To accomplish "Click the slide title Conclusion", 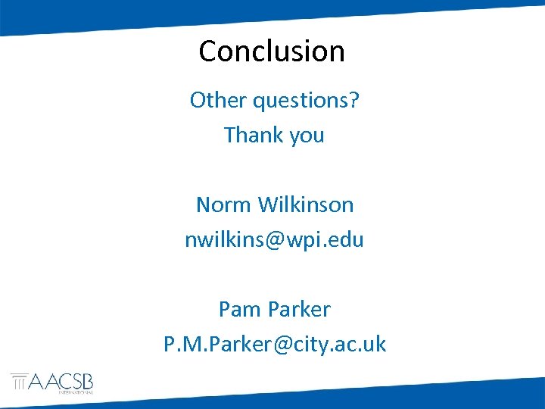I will [x=272, y=52].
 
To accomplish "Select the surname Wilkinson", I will [x=306, y=204].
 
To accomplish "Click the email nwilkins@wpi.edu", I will [x=274, y=240].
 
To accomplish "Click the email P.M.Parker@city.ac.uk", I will [x=274, y=344].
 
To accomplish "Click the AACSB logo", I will [x=51, y=382].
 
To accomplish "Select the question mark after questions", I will [x=353, y=100].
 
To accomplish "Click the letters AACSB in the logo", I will [x=61, y=380].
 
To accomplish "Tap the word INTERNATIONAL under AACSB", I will [x=76, y=392].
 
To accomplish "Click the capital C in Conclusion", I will [x=208, y=52].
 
